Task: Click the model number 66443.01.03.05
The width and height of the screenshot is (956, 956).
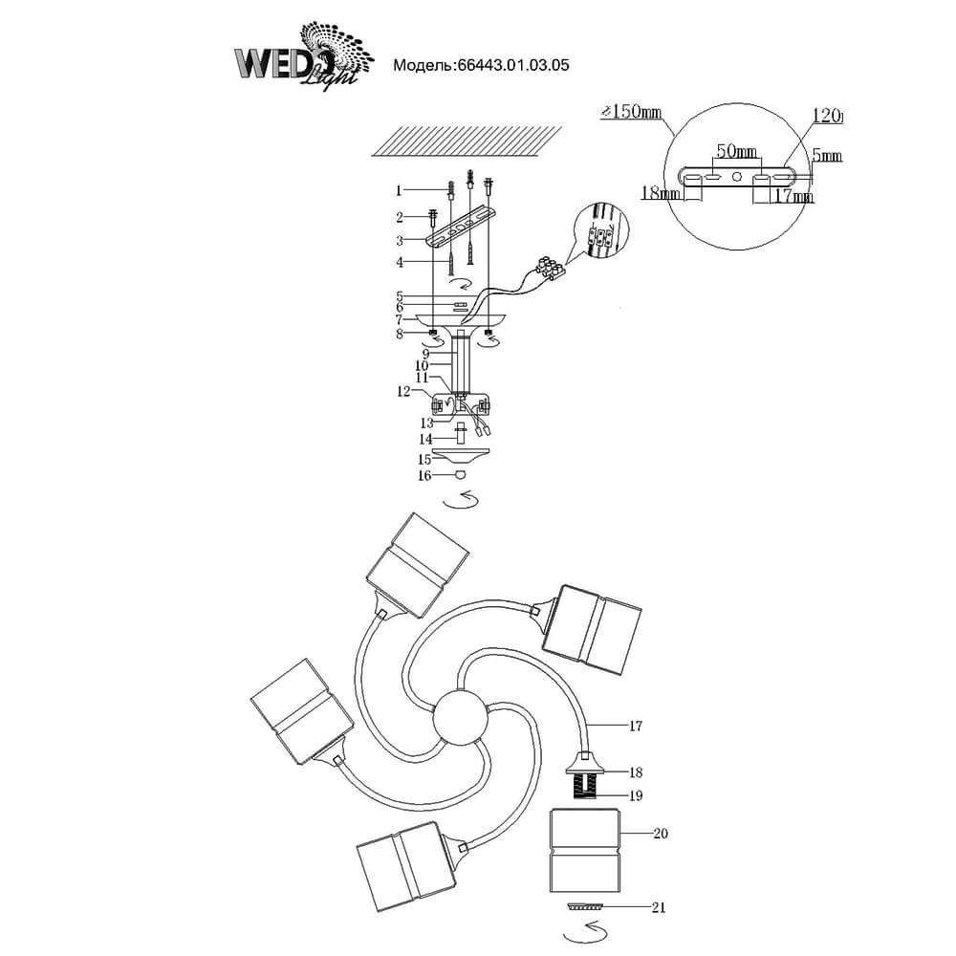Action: [x=481, y=66]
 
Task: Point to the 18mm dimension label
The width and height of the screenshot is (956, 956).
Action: [x=660, y=194]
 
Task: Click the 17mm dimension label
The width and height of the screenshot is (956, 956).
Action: [x=793, y=198]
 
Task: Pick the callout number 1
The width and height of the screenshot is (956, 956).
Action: [x=402, y=190]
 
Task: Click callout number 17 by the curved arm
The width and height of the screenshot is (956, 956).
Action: [x=635, y=727]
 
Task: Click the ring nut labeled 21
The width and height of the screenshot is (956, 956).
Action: [x=584, y=905]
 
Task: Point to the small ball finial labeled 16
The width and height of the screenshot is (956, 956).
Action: [x=460, y=474]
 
